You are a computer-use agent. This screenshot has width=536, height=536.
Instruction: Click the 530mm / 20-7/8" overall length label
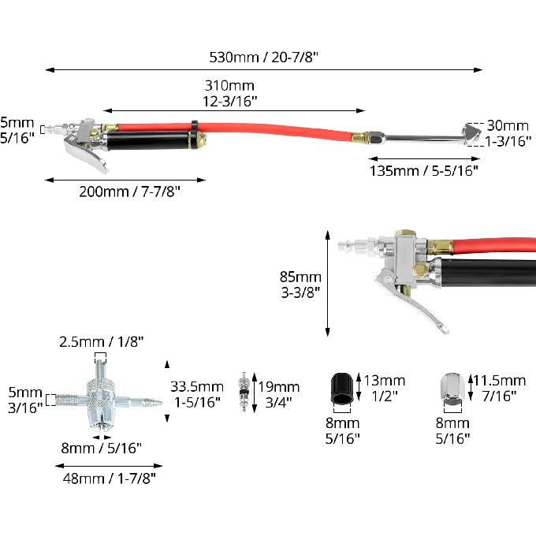coord(263,57)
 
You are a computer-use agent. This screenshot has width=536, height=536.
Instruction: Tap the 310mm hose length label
coord(229,93)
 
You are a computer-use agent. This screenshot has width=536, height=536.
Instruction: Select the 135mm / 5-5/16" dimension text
coord(424,170)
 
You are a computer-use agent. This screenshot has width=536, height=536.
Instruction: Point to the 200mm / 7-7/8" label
coord(129,192)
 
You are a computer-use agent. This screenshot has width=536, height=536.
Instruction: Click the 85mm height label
coord(300,285)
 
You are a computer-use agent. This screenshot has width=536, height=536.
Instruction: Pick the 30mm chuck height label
coord(508,133)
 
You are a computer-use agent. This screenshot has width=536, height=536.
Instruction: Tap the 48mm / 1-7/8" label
coord(109,478)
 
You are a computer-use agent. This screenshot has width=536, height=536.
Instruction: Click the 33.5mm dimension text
coord(197,394)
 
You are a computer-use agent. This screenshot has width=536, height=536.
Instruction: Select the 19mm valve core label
coord(278,394)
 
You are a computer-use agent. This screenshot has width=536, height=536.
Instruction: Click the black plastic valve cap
coord(342,389)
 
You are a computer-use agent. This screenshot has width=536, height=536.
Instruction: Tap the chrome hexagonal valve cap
coord(452,389)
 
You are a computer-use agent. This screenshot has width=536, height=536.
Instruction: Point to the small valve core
coord(244,392)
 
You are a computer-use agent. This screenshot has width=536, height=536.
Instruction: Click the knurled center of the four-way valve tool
coord(100,396)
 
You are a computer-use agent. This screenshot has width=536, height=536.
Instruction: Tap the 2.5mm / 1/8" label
coord(102,341)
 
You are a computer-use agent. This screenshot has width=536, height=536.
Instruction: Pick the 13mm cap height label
coord(385,388)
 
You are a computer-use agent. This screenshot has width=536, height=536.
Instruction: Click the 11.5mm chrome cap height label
coord(500,388)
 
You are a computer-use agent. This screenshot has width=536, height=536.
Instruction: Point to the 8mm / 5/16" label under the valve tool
coord(102,448)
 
